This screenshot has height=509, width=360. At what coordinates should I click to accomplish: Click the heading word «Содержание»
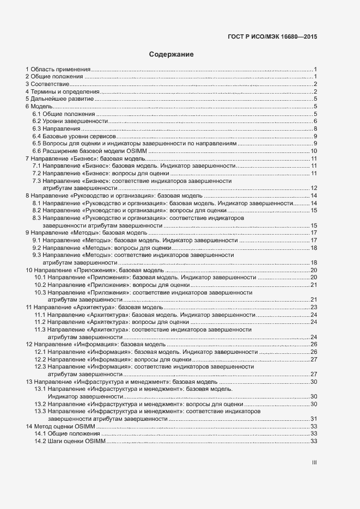[171, 55]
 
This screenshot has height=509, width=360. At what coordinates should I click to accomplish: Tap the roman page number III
[314, 463]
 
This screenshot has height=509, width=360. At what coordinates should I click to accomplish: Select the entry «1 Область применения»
[58, 70]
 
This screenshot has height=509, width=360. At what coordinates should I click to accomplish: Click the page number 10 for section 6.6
[314, 151]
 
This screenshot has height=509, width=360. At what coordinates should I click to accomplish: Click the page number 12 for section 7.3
[314, 188]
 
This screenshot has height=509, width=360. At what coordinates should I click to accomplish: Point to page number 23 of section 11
[314, 308]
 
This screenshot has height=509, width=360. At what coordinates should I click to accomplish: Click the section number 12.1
[40, 352]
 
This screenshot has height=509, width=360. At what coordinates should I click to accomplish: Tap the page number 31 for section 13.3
[314, 419]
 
